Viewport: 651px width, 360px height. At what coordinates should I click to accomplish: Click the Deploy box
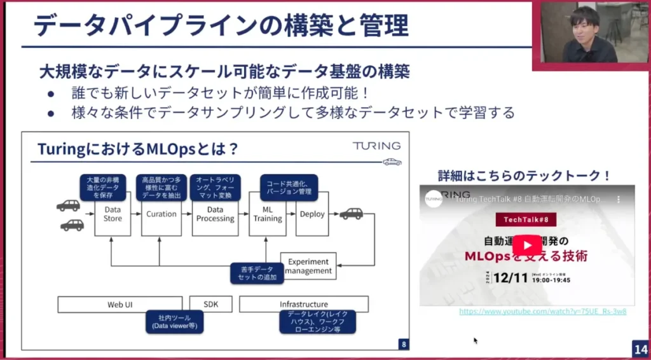(312, 214)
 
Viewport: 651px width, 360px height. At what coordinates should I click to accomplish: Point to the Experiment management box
(308, 266)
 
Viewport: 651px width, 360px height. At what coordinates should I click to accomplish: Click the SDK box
(210, 304)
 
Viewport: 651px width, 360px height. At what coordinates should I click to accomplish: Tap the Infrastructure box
(304, 304)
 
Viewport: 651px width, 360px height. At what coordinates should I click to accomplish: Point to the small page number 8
(403, 344)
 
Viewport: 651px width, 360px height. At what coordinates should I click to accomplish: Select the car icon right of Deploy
(351, 214)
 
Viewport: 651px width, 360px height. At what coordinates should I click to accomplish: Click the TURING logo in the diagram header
(376, 146)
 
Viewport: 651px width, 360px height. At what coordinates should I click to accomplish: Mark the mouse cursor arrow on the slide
(475, 340)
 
